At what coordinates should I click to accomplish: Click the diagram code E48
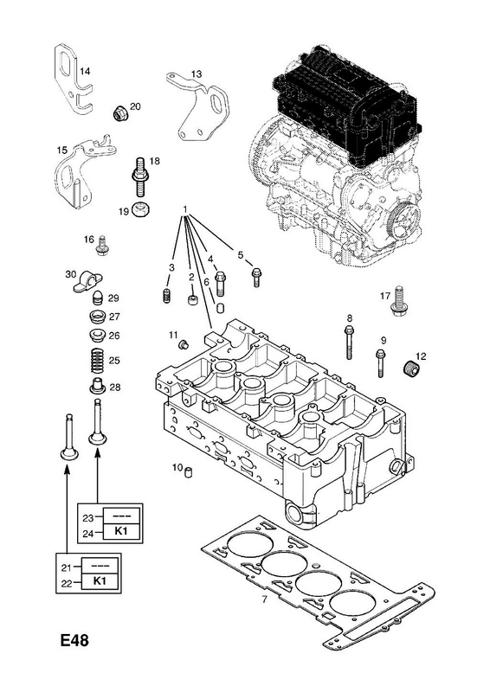tap(74, 640)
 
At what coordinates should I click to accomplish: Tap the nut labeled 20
tap(119, 114)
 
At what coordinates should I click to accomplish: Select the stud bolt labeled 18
tap(140, 179)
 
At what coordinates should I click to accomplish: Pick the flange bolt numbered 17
tap(397, 300)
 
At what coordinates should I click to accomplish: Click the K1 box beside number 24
tap(121, 531)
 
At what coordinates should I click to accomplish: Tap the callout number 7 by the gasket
tap(264, 600)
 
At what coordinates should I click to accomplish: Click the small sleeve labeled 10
tap(189, 471)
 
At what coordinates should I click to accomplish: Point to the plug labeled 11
tap(183, 344)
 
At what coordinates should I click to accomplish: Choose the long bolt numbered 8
tap(349, 343)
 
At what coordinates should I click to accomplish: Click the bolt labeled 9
tap(381, 363)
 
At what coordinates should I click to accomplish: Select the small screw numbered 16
tap(101, 247)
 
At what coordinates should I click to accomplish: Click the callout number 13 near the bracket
tap(197, 74)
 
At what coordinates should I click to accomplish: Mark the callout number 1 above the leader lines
tap(185, 208)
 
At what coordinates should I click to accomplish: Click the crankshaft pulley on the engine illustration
tap(404, 221)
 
